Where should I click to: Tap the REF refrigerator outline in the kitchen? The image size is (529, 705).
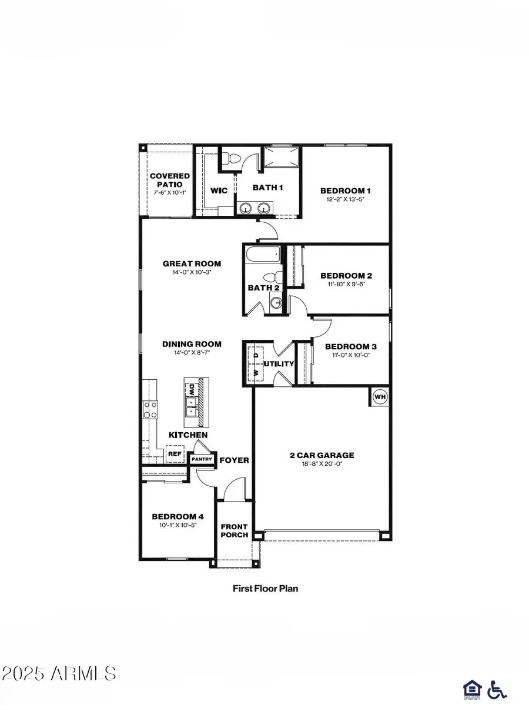coord(174,453)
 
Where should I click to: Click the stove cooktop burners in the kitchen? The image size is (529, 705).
coord(150,409)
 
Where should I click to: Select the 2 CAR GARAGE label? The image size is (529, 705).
coord(322,455)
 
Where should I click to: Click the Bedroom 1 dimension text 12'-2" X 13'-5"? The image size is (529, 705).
coord(345,200)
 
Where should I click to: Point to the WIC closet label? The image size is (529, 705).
coord(219,191)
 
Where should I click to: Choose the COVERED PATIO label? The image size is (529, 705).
coord(169,180)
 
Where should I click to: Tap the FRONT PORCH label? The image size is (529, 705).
coord(234,530)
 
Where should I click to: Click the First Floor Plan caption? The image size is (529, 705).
coord(264,587)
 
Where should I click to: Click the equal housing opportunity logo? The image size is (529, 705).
coord(471,687)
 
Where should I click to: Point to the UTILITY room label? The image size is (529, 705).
coord(278,364)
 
